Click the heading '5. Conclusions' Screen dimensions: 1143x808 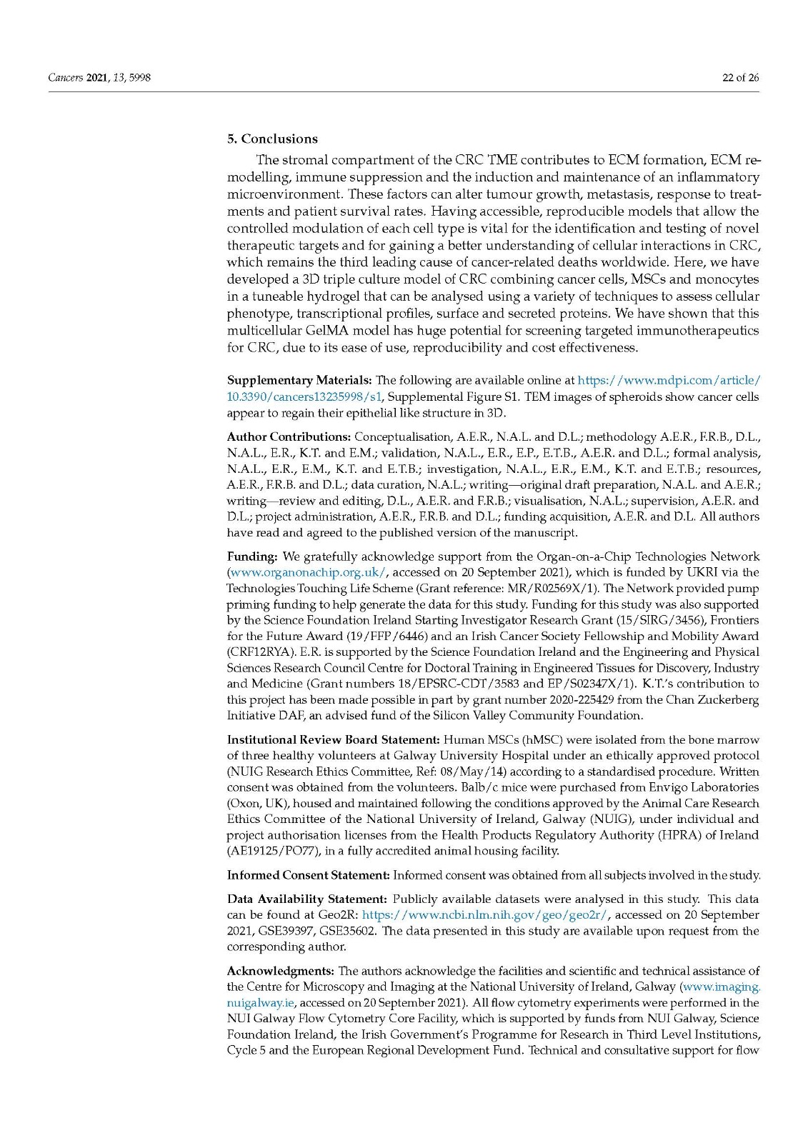point(272,139)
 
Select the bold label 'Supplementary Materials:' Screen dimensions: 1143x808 point(299,380)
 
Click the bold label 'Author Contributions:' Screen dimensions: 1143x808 point(289,436)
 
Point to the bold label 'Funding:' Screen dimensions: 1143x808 point(252,556)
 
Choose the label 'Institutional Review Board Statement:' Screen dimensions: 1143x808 point(333,739)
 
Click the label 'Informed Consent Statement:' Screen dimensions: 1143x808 point(308,875)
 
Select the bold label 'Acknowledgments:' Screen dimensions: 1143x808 point(280,971)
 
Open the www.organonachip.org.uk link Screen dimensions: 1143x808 point(309,572)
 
